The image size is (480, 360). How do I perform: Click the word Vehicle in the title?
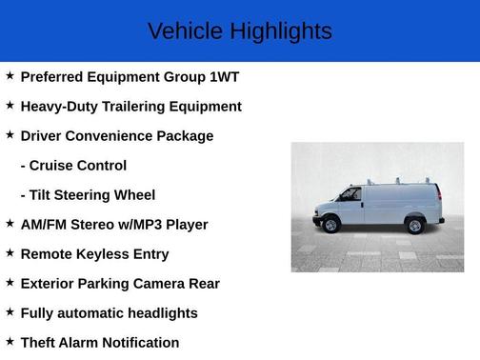(181, 31)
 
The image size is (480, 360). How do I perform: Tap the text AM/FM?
(47, 225)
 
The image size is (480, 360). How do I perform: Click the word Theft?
(41, 343)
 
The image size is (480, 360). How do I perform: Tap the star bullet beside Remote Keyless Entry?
(10, 252)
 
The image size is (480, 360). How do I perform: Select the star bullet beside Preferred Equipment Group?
(10, 75)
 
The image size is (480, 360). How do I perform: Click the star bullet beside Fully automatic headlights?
(10, 311)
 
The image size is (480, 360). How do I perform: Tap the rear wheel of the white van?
(415, 225)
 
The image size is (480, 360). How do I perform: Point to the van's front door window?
(350, 195)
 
